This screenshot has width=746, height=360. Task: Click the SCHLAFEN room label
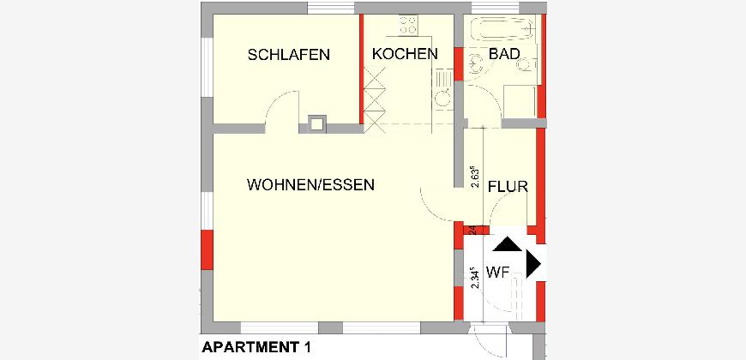click(288, 55)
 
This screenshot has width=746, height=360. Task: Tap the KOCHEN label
click(405, 54)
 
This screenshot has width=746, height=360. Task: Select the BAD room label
click(504, 54)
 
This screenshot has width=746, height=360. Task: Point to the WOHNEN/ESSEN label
click(310, 184)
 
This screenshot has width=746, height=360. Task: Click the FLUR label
click(508, 187)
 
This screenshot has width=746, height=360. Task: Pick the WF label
click(498, 273)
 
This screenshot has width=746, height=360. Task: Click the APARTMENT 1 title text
click(256, 347)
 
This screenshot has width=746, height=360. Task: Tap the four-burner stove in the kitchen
click(408, 25)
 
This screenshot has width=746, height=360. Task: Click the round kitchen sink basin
click(443, 99)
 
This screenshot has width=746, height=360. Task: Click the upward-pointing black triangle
click(507, 244)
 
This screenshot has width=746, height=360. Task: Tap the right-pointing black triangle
click(533, 263)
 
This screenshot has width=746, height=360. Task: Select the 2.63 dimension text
click(474, 177)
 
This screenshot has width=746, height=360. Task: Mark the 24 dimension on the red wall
click(472, 230)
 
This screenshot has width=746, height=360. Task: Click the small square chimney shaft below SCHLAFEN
click(316, 124)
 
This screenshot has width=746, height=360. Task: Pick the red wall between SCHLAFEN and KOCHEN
click(362, 69)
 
